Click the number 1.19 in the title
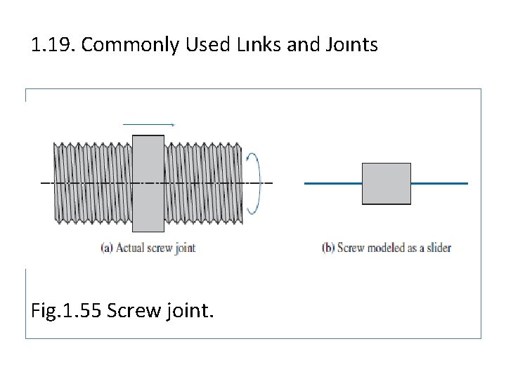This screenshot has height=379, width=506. pyautogui.click(x=53, y=46)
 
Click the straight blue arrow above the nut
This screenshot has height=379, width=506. pyautogui.click(x=148, y=124)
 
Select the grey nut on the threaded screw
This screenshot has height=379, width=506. pyautogui.click(x=148, y=183)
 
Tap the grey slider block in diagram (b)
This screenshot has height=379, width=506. pyautogui.click(x=386, y=184)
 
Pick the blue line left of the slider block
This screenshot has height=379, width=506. pyautogui.click(x=332, y=183)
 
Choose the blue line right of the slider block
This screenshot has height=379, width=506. pyautogui.click(x=439, y=183)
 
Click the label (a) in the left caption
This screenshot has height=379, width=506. pyautogui.click(x=106, y=248)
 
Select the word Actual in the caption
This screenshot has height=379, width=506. pyautogui.click(x=131, y=248)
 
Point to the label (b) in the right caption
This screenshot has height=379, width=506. pyautogui.click(x=328, y=248)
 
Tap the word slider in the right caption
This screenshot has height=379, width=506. pyautogui.click(x=437, y=248)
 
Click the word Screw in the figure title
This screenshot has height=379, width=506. pyautogui.click(x=134, y=309)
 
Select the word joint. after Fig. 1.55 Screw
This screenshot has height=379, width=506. pyautogui.click(x=188, y=309)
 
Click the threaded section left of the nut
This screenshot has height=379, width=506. pyautogui.click(x=92, y=183)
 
